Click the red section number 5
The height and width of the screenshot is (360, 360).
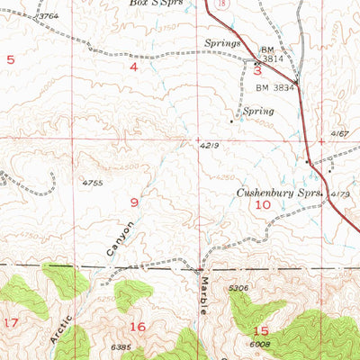pyautogui.click(x=11, y=59)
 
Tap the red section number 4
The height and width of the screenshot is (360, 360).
pyautogui.click(x=134, y=67)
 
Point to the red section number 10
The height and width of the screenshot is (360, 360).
pyautogui.click(x=262, y=205)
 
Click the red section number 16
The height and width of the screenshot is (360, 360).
pyautogui.click(x=138, y=326)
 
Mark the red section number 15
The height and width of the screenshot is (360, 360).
pyautogui.click(x=261, y=330)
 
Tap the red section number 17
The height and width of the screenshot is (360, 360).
pyautogui.click(x=11, y=321)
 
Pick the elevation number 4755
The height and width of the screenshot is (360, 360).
pyautogui.click(x=93, y=183)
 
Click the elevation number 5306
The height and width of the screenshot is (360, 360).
pyautogui.click(x=238, y=289)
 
